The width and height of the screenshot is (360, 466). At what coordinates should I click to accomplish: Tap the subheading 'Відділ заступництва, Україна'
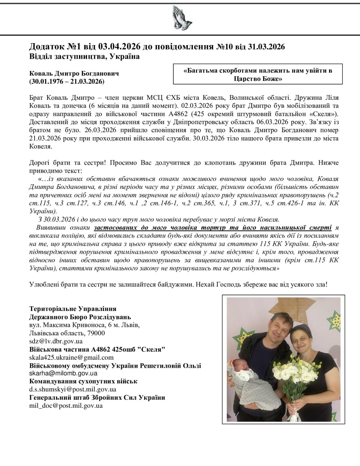pyautogui.click(x=84, y=57)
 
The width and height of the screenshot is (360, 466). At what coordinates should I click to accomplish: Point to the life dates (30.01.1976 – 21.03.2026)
pyautogui.click(x=67, y=81)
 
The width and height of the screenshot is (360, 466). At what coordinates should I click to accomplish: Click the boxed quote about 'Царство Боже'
pyautogui.click(x=258, y=74)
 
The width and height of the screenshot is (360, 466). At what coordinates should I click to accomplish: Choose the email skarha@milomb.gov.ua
pyautogui.click(x=63, y=373)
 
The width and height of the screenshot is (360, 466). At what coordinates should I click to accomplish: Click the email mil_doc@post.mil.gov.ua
pyautogui.click(x=66, y=405)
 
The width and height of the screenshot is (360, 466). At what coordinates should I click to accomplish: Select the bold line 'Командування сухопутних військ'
pyautogui.click(x=83, y=381)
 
